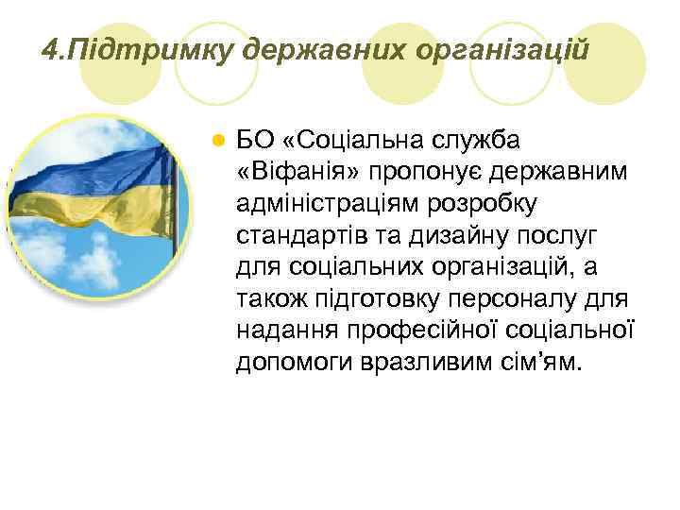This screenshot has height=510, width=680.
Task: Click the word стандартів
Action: (297, 235)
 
